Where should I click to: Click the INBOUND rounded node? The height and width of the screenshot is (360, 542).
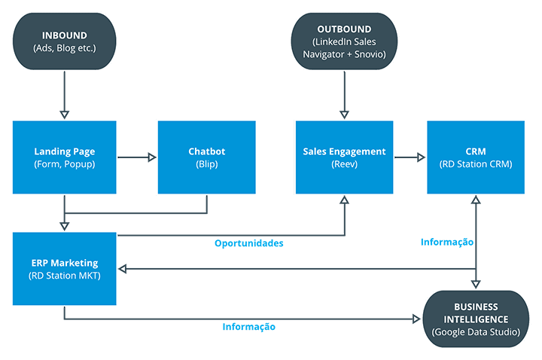pos(65,41)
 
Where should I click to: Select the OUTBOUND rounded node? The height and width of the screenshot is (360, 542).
pos(344,41)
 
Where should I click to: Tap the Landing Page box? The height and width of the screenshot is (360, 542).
pos(65,157)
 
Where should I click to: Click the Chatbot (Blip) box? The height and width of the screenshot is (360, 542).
pos(207,157)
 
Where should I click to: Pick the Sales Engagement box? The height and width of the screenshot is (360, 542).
pos(344,157)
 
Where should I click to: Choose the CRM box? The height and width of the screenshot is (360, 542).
pos(476,157)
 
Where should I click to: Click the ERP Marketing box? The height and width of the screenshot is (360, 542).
pos(65,269)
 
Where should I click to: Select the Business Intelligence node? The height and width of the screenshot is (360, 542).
pos(476,319)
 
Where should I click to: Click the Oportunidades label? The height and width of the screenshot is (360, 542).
pos(249,243)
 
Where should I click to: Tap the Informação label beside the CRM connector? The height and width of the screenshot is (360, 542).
pos(447,242)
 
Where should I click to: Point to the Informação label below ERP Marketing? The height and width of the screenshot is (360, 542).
pos(249,327)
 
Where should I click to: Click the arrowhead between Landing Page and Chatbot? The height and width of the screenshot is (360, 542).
pos(152,157)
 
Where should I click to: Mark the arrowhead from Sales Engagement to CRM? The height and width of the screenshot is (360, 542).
pos(422,157)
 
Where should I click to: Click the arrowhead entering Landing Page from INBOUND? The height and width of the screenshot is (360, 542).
pos(65,114)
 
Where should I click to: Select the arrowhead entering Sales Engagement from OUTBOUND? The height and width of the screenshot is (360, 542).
pos(344,114)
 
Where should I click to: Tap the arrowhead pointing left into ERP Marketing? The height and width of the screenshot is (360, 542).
pos(123,269)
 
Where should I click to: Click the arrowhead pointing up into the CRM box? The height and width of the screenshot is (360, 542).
pos(476,200)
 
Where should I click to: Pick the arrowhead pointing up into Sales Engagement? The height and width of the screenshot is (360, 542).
pos(344,200)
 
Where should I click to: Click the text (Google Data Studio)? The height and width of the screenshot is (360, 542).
pos(476,332)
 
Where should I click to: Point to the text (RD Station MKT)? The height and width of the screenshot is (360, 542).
pos(65,276)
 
